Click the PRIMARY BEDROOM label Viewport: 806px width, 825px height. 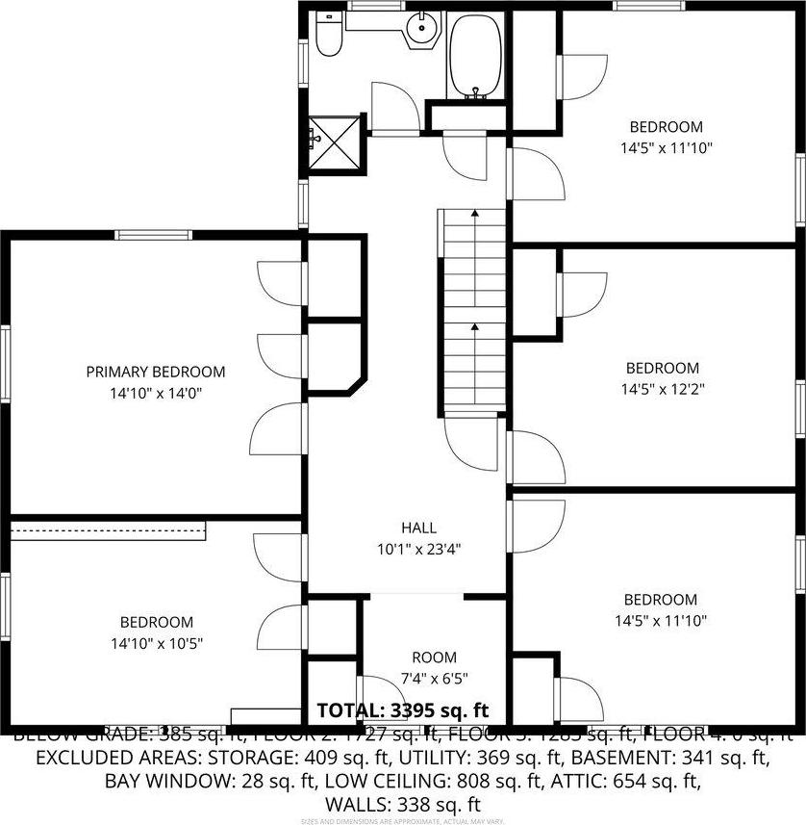click(156, 372)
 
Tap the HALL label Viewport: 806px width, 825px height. click(418, 528)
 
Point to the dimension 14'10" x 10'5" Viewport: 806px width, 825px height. click(156, 643)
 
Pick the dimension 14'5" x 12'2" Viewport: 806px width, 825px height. click(663, 389)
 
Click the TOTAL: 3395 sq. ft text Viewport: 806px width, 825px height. click(403, 710)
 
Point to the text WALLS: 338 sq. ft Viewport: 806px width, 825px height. click(403, 803)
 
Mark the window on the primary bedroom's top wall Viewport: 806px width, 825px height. click(153, 234)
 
